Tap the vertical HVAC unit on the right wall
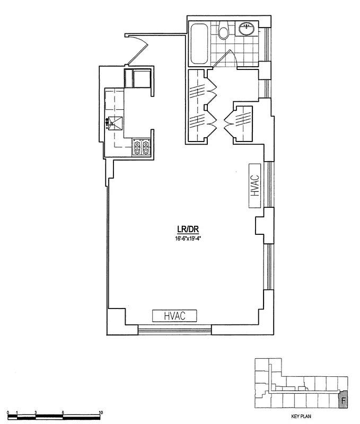pyautogui.click(x=255, y=186)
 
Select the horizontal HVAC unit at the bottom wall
pyautogui.click(x=175, y=315)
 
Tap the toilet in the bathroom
pyautogui.click(x=224, y=32)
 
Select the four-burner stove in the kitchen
pyautogui.click(x=141, y=147)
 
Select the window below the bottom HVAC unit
pyautogui.click(x=175, y=331)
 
